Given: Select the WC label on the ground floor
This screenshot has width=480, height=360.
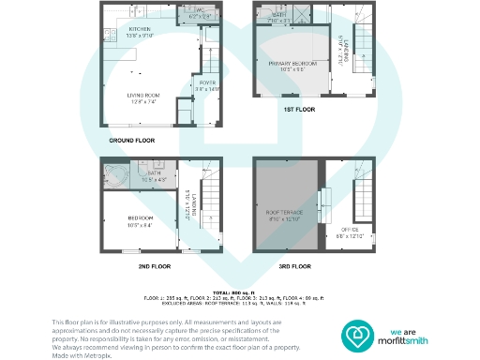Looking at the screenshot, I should tap(198, 11).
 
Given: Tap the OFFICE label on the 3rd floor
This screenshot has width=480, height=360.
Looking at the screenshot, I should tap(348, 229).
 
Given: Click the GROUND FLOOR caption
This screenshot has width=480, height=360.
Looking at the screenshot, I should tap(131, 141).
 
